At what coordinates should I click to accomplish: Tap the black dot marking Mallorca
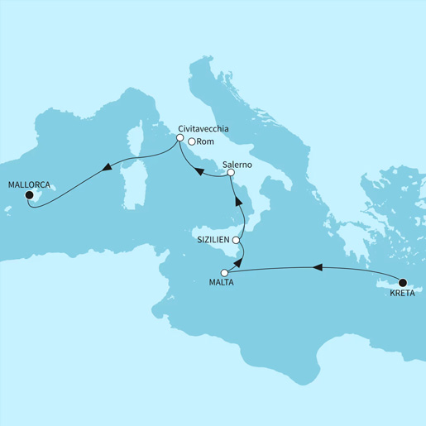pos(29,196)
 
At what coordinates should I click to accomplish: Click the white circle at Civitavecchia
pos(179,139)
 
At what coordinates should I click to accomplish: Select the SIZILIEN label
pos(214,239)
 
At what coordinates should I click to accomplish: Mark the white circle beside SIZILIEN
pos(237,240)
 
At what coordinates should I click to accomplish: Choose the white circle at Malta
pos(224,273)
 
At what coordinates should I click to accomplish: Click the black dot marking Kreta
pos(403,280)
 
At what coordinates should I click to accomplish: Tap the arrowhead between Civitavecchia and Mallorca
pos(105,168)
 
